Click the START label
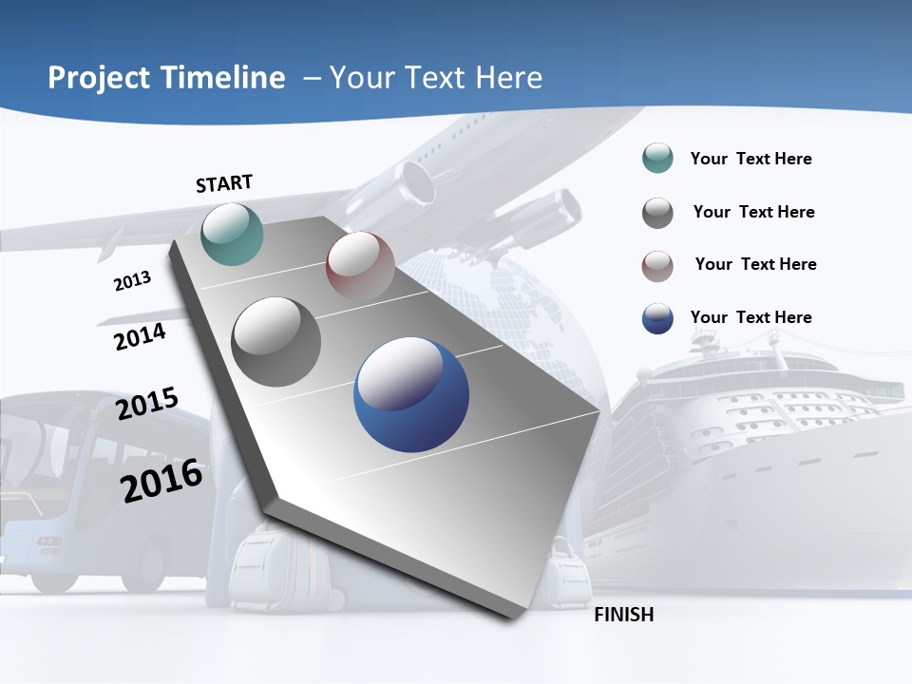point(224,183)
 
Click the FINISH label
point(624,615)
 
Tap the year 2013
point(132,281)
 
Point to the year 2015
point(147,404)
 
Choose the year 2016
point(161,481)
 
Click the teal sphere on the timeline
point(233,234)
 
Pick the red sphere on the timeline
point(360,266)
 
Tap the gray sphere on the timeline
point(276,342)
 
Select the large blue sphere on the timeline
point(411,395)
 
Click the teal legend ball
point(657,159)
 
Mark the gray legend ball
point(657,213)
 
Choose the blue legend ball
point(657,318)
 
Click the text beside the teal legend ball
point(750,159)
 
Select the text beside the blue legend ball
point(750,317)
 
